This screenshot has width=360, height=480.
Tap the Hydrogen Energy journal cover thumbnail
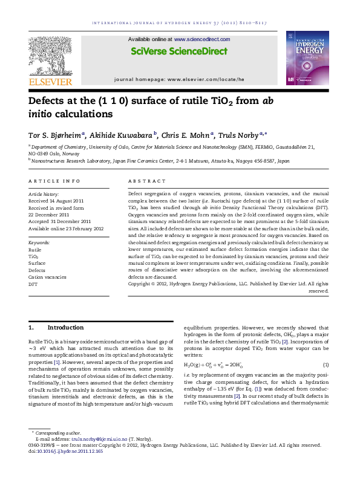pyautogui.click(x=310, y=54)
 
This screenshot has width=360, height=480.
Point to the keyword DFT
pyautogui.click(x=33, y=283)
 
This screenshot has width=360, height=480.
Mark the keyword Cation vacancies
pyautogui.click(x=47, y=276)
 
